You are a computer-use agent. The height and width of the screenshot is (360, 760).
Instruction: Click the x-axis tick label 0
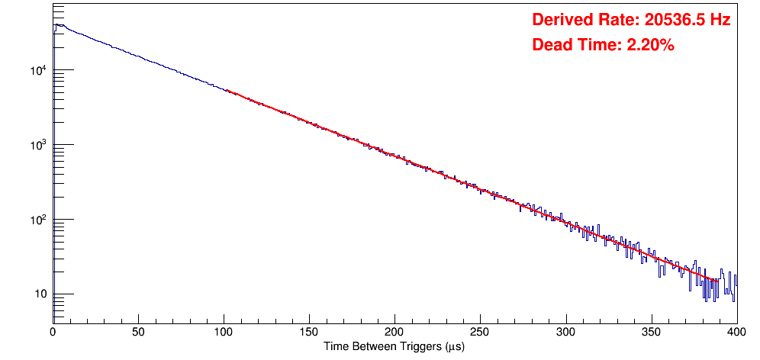click(53, 332)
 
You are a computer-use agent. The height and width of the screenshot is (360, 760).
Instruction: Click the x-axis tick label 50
click(138, 332)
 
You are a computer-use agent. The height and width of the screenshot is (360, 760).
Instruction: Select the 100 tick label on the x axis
click(224, 332)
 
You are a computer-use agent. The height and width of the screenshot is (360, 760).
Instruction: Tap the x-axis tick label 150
click(309, 332)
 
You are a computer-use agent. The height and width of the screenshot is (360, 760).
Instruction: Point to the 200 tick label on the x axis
click(394, 332)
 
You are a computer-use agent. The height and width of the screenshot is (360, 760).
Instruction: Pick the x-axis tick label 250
click(480, 332)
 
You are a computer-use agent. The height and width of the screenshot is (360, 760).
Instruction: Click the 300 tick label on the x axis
click(565, 332)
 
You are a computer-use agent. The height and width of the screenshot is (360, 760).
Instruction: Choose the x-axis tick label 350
click(651, 332)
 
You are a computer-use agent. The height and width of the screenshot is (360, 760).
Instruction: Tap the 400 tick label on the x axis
click(736, 332)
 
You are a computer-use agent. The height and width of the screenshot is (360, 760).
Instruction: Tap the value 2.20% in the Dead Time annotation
click(650, 45)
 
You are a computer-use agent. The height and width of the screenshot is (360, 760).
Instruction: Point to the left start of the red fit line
click(227, 90)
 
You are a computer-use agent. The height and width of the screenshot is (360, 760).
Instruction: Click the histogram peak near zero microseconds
click(57, 24)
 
